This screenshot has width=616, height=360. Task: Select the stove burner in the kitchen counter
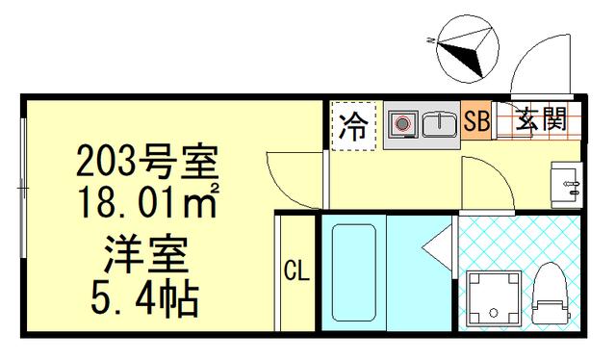tap(404, 123)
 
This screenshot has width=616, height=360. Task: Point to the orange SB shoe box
tap(476, 122)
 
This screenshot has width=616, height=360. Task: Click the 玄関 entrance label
tap(540, 121)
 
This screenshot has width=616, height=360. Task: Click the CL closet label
tap(295, 272)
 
